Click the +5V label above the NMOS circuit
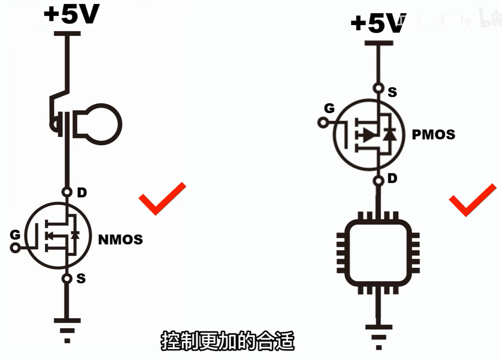pyautogui.click(x=71, y=14)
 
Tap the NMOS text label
pyautogui.click(x=120, y=240)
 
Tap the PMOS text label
pyautogui.click(x=433, y=135)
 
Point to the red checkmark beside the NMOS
pyautogui.click(x=162, y=199)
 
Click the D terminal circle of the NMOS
pyautogui.click(x=67, y=192)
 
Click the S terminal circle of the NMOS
pyautogui.click(x=67, y=278)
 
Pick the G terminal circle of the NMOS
pyautogui.click(x=15, y=248)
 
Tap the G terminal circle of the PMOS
pyautogui.click(x=322, y=122)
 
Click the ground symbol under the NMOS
pyautogui.click(x=67, y=329)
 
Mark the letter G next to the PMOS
pyautogui.click(x=329, y=108)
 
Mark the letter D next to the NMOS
pyautogui.click(x=81, y=193)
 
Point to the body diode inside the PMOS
pyautogui.click(x=390, y=136)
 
